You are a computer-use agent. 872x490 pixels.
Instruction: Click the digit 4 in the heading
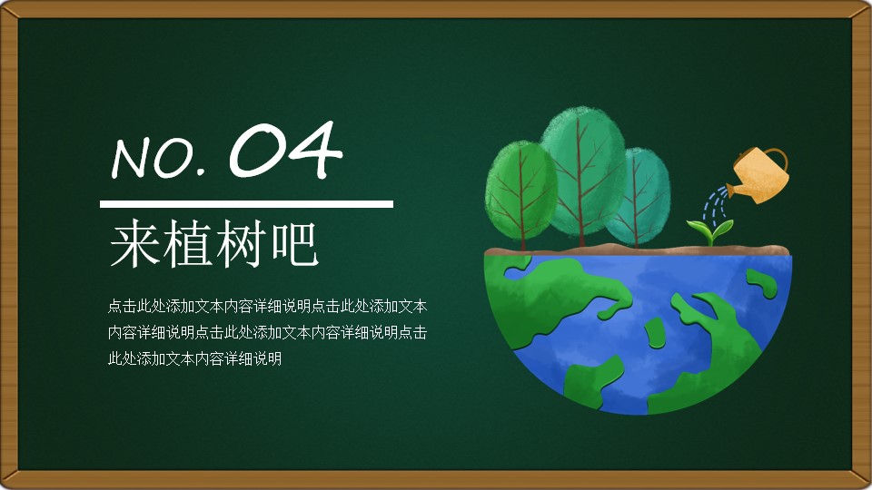click(314, 149)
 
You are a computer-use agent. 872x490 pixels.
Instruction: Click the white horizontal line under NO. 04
click(246, 204)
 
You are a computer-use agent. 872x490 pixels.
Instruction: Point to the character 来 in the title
click(133, 243)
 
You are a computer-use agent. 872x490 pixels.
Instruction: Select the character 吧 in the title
click(294, 243)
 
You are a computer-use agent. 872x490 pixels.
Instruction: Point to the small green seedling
click(710, 230)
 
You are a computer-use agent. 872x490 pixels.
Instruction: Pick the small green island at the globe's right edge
click(762, 283)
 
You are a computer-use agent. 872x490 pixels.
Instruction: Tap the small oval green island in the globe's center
click(655, 333)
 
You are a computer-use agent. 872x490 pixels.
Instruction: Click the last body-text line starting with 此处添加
click(194, 359)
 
